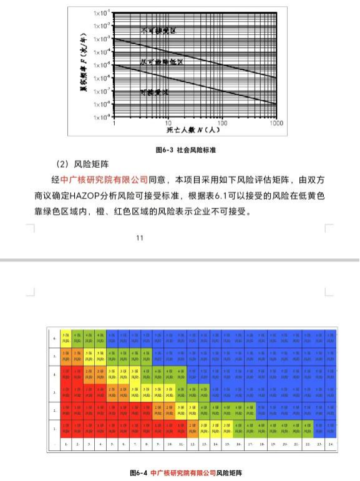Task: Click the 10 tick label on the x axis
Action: click(x=167, y=124)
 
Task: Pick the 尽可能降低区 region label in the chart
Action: click(x=162, y=62)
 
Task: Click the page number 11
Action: click(x=140, y=238)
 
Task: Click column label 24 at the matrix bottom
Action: click(x=329, y=444)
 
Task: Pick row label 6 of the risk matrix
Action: click(x=55, y=339)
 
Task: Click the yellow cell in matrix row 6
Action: click(x=65, y=339)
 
